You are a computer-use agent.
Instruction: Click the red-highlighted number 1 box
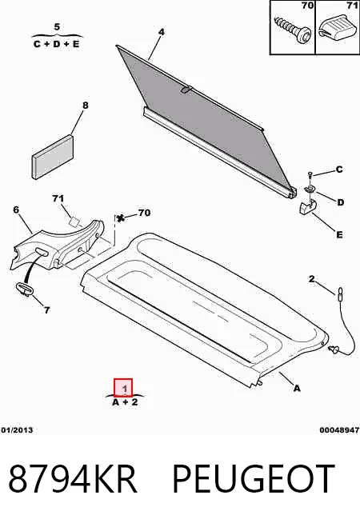pyautogui.click(x=123, y=388)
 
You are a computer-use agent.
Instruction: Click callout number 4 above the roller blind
pyautogui.click(x=162, y=32)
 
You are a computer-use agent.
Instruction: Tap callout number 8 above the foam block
pyautogui.click(x=86, y=106)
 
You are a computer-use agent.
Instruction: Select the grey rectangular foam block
pyautogui.click(x=53, y=157)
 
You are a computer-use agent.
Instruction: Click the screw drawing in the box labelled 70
pyautogui.click(x=293, y=30)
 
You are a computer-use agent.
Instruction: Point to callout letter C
pyautogui.click(x=339, y=170)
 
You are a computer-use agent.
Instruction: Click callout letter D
pyautogui.click(x=340, y=202)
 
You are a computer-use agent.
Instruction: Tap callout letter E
pyautogui.click(x=339, y=235)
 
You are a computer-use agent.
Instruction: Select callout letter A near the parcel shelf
pyautogui.click(x=297, y=388)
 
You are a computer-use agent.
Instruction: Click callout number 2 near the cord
pyautogui.click(x=311, y=279)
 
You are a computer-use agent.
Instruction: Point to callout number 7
pyautogui.click(x=46, y=309)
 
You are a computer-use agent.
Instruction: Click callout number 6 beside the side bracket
pyautogui.click(x=16, y=210)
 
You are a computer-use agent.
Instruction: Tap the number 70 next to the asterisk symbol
pyautogui.click(x=144, y=213)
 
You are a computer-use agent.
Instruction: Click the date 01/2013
pyautogui.click(x=17, y=430)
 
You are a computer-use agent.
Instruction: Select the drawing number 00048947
pyautogui.click(x=339, y=430)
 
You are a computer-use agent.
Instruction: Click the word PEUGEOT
pyautogui.click(x=254, y=478)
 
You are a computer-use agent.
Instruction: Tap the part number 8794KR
pyautogui.click(x=73, y=478)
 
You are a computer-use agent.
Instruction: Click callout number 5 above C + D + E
pyautogui.click(x=57, y=26)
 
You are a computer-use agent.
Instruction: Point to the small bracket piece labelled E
pyautogui.click(x=307, y=208)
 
